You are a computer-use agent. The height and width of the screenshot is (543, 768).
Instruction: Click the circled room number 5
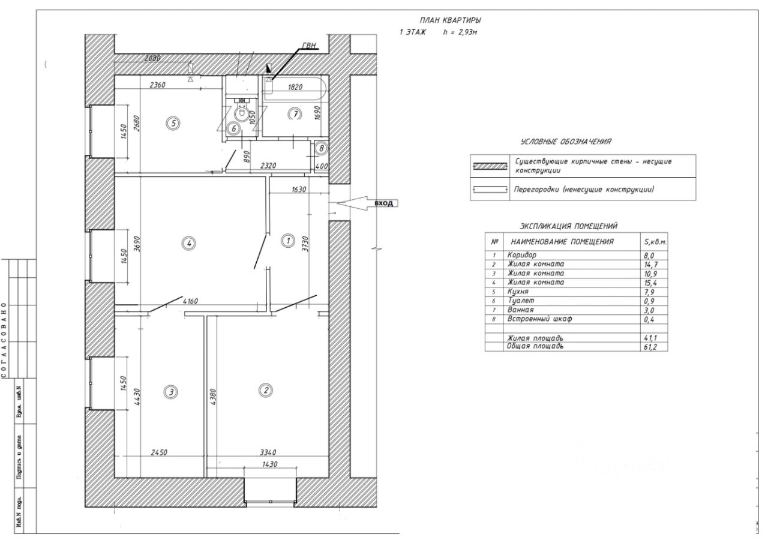[x=173, y=124]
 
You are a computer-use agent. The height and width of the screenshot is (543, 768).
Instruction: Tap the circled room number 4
[x=189, y=243]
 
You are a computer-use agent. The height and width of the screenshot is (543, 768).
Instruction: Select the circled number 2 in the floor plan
[x=265, y=391]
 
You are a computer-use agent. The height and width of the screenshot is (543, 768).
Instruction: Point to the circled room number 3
[x=172, y=392]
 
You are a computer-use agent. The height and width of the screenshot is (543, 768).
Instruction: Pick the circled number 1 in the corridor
[x=287, y=241]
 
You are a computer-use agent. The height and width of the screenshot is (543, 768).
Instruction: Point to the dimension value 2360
[x=158, y=85]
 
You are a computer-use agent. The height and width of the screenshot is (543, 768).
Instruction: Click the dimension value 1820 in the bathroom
[x=295, y=86]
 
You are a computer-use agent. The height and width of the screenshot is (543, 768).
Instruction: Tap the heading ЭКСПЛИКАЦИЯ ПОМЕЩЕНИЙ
[x=568, y=226]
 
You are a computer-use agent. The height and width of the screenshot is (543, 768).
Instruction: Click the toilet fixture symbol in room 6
[x=241, y=112]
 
